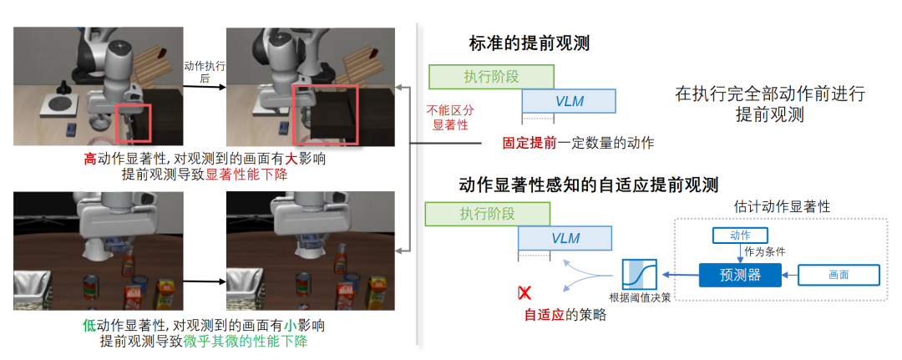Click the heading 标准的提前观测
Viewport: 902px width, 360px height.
(530, 43)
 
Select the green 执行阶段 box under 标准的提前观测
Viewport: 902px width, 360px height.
(491, 77)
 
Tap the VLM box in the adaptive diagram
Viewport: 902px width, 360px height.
(565, 238)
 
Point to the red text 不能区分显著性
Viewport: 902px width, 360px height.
(450, 117)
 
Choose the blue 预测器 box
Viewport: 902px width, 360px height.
(740, 275)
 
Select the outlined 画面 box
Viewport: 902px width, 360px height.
(839, 275)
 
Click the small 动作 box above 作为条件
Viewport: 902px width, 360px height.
(740, 235)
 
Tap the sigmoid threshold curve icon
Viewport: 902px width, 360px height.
(639, 275)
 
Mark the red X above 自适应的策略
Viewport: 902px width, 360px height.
(524, 292)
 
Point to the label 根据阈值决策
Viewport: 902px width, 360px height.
(640, 298)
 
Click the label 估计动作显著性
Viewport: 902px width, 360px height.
(783, 206)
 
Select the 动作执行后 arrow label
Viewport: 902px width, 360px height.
(205, 72)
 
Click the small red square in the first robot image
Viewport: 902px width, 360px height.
(133, 123)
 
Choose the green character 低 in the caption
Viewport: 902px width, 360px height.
(89, 326)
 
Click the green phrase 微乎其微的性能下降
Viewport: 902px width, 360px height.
(246, 341)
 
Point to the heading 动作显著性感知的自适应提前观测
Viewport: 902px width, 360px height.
(589, 185)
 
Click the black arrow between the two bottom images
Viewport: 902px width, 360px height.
(204, 281)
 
